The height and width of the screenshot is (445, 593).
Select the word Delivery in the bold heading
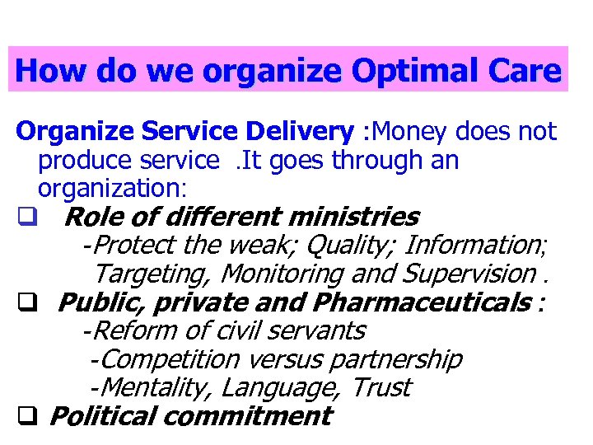tap(302, 131)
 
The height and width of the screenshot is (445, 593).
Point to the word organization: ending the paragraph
tap(113, 188)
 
